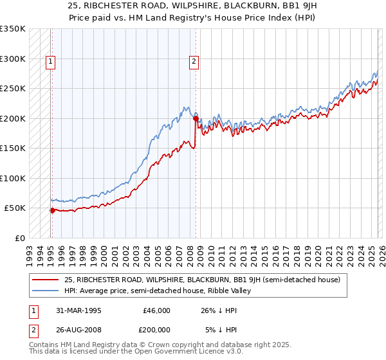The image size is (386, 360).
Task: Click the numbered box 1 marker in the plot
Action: [51, 62]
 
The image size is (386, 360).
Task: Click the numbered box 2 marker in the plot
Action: [194, 62]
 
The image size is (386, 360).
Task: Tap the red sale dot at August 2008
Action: [196, 118]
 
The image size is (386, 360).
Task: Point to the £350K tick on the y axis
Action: [13, 29]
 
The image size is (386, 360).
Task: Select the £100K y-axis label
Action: [13, 178]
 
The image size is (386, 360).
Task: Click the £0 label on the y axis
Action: [19, 238]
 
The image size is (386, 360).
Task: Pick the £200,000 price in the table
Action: [154, 330]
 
